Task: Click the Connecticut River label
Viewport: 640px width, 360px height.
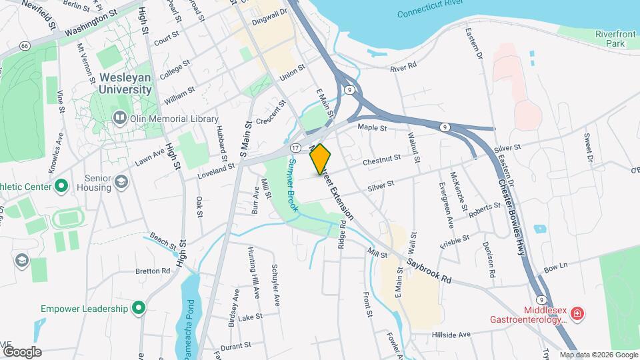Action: pos(440,13)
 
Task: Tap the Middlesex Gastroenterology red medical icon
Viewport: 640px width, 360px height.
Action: pos(577,313)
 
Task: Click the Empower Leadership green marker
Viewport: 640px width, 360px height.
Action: pos(139,308)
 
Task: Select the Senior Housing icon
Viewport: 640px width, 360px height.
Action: pos(121,182)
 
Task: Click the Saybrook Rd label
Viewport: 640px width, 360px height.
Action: pos(429,270)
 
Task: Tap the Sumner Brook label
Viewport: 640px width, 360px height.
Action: pos(292,186)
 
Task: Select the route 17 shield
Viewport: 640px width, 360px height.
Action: pos(295,147)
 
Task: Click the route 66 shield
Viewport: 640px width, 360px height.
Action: pos(25,45)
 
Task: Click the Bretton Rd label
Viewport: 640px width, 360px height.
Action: pos(153,271)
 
